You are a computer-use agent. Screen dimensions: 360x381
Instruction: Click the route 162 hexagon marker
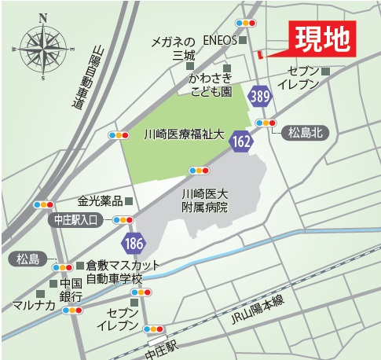click(242, 141)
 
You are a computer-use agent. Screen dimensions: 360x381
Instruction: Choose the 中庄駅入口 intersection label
click(75, 220)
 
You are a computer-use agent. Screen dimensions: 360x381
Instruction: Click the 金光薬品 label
click(100, 200)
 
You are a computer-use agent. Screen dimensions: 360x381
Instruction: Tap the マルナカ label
click(31, 303)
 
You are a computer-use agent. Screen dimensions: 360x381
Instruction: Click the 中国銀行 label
click(71, 290)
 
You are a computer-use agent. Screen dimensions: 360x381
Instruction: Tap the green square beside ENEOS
click(243, 39)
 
